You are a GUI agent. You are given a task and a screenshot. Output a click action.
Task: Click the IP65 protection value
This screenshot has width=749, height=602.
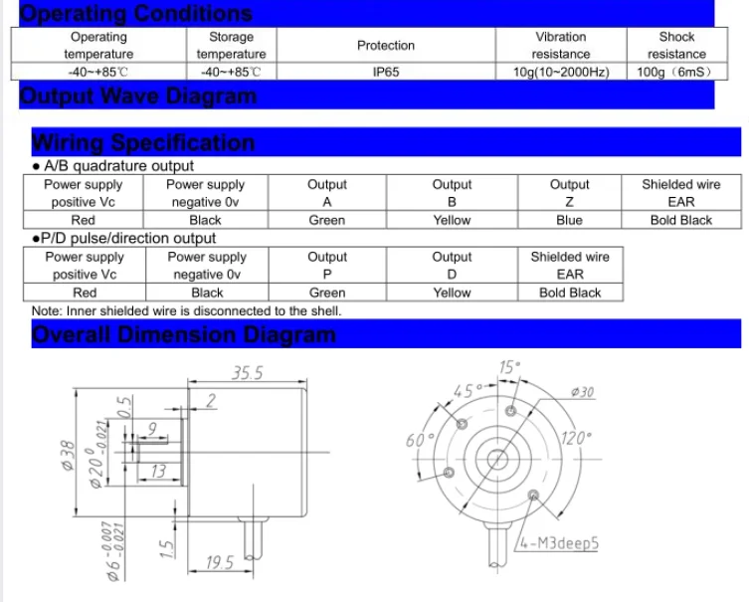pos(386,73)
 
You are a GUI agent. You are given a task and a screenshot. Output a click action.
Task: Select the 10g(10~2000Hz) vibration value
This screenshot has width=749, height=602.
pos(560,73)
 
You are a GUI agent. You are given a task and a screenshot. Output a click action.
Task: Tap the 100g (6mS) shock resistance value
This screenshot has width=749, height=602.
pos(676,73)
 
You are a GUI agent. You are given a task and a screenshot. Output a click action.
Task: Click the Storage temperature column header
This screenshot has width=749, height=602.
pos(231,46)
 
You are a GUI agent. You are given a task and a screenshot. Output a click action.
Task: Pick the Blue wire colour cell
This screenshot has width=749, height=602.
pos(570,220)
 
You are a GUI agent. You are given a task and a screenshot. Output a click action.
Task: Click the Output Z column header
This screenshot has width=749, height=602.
pos(570,193)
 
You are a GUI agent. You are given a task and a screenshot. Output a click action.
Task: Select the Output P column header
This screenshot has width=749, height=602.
pos(326,266)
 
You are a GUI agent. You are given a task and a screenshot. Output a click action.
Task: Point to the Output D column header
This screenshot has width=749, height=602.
pos(452,266)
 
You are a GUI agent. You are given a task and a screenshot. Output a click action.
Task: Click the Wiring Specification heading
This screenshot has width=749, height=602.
pos(143,142)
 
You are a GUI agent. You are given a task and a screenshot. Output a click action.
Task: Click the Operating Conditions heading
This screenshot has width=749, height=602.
pos(136,13)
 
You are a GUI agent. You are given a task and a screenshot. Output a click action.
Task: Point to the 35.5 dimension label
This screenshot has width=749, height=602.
pos(247,373)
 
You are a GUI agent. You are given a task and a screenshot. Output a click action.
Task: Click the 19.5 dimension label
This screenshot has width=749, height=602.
pos(218,563)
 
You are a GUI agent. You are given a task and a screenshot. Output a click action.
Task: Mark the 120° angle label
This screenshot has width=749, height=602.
pos(576,437)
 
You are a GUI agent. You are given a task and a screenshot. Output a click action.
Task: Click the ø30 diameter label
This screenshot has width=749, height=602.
pos(581,392)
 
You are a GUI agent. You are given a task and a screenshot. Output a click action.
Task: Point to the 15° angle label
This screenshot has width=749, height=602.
pos(509,367)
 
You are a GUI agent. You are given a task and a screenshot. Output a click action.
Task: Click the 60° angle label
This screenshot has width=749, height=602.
pos(415,440)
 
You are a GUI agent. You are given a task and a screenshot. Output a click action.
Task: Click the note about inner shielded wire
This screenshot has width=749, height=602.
pos(186,310)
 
